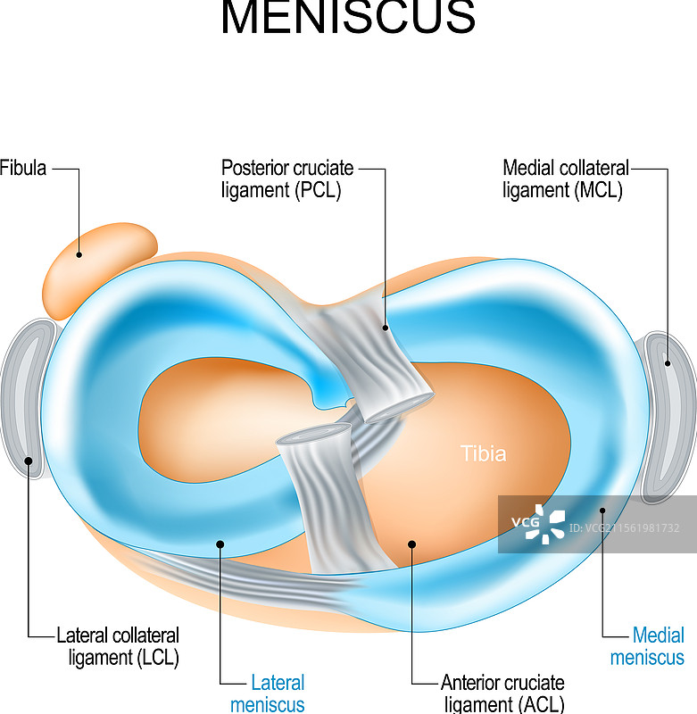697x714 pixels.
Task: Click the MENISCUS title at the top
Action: coord(348,18)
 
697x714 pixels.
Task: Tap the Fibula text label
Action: coord(23,168)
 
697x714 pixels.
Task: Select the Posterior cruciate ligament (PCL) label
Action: coord(287,178)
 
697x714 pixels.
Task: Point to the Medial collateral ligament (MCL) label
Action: coord(566,178)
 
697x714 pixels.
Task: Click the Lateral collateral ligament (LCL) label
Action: coord(118,647)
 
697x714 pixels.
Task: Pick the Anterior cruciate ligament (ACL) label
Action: coord(502,693)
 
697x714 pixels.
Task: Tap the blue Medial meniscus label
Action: coord(648,647)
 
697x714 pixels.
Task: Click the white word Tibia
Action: coord(483,453)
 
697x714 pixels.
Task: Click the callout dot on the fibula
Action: coord(79,254)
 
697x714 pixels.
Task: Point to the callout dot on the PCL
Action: coord(386,328)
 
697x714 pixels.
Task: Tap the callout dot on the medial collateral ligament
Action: coord(668,362)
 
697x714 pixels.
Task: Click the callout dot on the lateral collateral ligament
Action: coord(29,461)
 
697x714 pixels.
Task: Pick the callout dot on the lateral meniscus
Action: coord(220,542)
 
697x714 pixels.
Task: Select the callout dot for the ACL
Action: coord(411,542)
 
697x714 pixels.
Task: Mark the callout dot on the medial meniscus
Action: coord(603,511)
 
